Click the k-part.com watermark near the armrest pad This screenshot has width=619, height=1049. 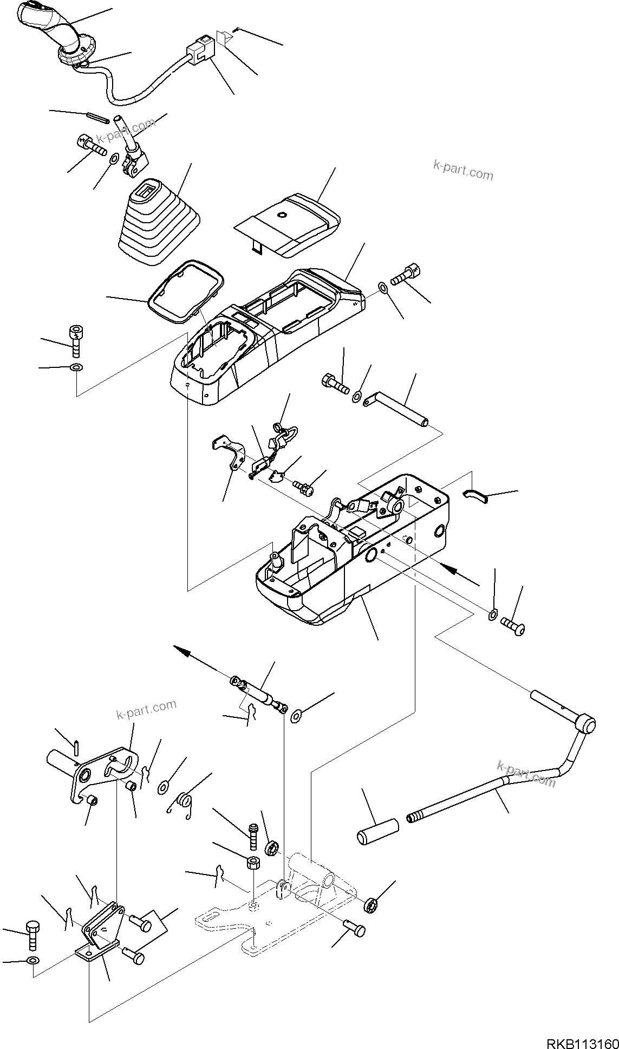tap(463, 170)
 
